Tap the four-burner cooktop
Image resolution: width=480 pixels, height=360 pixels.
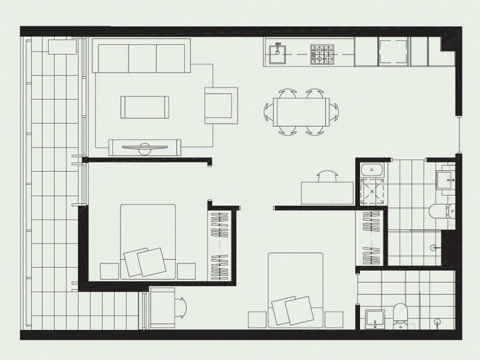coord(322,55)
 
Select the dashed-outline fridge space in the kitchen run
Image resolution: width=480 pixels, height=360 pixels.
coord(394,52)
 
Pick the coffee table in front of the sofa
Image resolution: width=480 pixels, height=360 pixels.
coord(145,107)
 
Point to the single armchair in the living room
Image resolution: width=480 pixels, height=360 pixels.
coord(221,106)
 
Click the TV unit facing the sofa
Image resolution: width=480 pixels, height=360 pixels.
coord(145,146)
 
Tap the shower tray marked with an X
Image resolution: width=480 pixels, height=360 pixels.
coord(372,192)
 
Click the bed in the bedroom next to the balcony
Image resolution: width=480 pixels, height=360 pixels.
coord(148,241)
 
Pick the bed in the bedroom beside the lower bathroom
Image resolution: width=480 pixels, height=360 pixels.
coord(295,289)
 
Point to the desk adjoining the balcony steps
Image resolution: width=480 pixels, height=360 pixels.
coord(161,307)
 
